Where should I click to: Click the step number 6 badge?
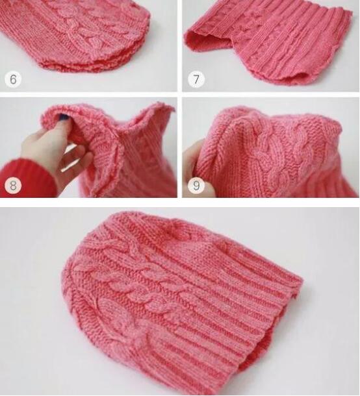(x=13, y=79)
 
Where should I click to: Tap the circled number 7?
(x=196, y=79)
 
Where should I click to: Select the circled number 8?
(x=13, y=186)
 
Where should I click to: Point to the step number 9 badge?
(x=196, y=186)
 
